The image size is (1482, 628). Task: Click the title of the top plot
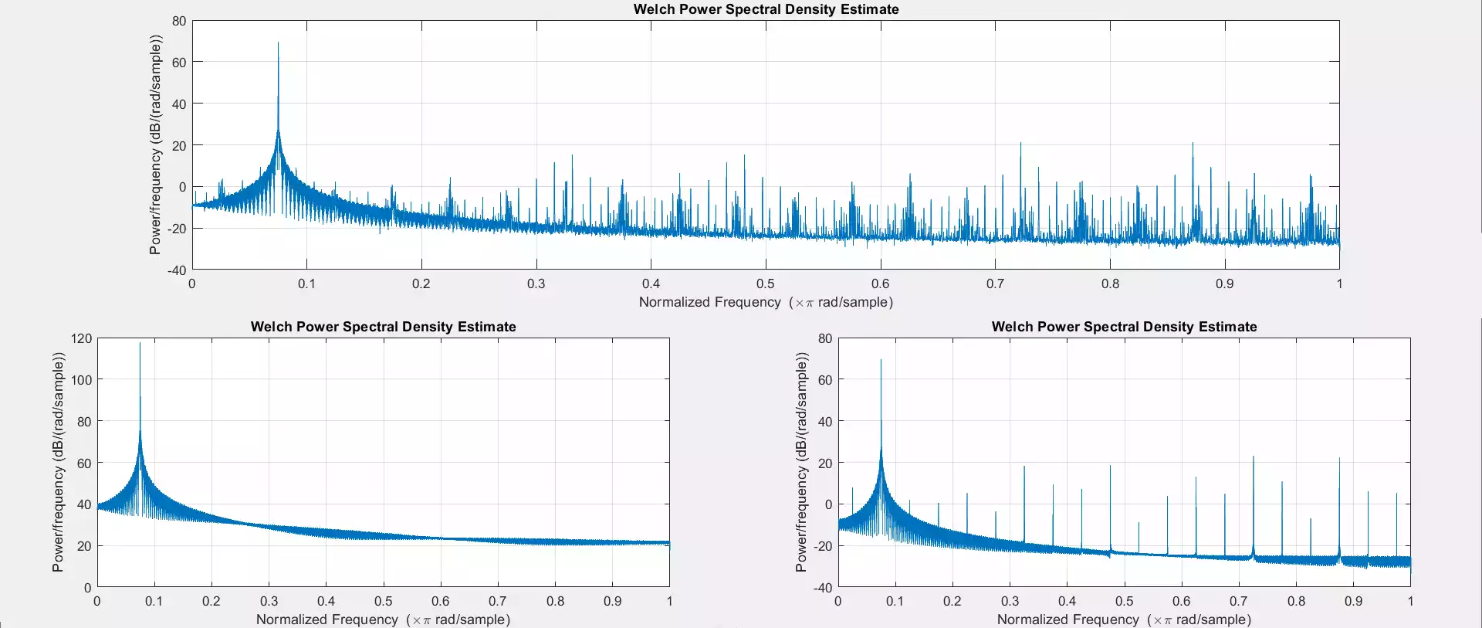click(x=766, y=9)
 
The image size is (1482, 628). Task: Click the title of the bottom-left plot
click(x=383, y=327)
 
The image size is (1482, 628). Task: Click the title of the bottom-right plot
click(x=1124, y=327)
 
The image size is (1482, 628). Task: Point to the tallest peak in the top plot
click(x=278, y=43)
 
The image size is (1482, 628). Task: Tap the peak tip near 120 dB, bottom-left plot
click(x=140, y=344)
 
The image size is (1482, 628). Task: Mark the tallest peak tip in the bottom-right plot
click(x=881, y=360)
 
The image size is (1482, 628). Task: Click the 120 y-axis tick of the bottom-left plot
click(x=81, y=338)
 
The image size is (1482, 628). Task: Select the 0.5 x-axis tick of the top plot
click(x=766, y=283)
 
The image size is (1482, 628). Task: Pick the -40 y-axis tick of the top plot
click(x=177, y=270)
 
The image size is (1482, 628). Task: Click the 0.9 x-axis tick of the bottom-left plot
click(x=612, y=601)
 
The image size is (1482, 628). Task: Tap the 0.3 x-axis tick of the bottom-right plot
click(x=1010, y=601)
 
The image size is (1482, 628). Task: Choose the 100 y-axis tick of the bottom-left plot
click(x=81, y=380)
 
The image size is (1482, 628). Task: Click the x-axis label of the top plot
click(x=766, y=302)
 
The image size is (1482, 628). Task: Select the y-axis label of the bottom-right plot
click(x=801, y=462)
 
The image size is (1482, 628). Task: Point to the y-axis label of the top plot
click(x=156, y=144)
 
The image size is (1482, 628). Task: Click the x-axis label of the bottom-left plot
click(x=383, y=620)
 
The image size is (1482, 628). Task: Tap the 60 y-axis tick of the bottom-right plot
click(x=825, y=380)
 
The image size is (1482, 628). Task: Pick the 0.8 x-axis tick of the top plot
click(x=1110, y=283)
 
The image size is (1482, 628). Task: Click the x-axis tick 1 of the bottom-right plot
click(x=1410, y=601)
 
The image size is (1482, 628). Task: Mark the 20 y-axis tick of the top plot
click(x=179, y=145)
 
